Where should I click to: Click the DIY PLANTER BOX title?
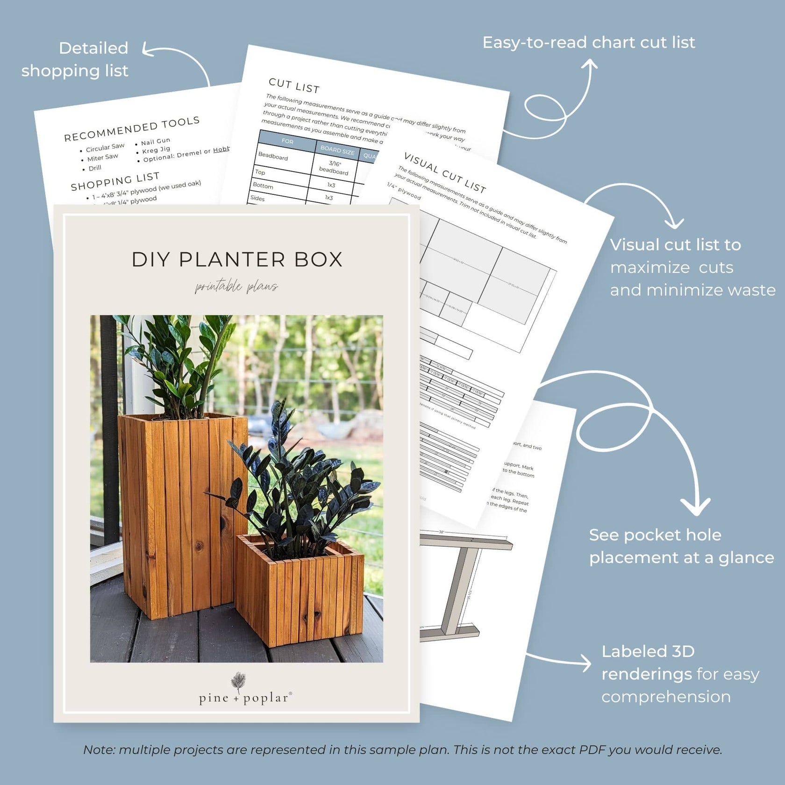pos(237,260)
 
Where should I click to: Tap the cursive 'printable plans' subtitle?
pos(236,286)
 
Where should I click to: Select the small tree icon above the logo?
pos(238,682)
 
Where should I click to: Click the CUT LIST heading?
pos(294,86)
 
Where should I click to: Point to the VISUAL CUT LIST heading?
pos(445,172)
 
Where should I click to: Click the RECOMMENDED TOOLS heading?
pos(132,129)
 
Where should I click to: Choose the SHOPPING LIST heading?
pos(115,181)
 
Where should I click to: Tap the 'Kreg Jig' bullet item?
pos(156,150)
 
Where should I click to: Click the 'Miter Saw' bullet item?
pos(102,158)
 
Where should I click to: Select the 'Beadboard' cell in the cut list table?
pos(273,157)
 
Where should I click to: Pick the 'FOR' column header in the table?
pos(287,141)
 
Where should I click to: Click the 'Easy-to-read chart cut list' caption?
pos(589,43)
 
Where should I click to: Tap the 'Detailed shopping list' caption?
pos(75,59)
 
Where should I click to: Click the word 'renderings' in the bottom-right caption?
pos(647,674)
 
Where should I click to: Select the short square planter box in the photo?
pos(300,591)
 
